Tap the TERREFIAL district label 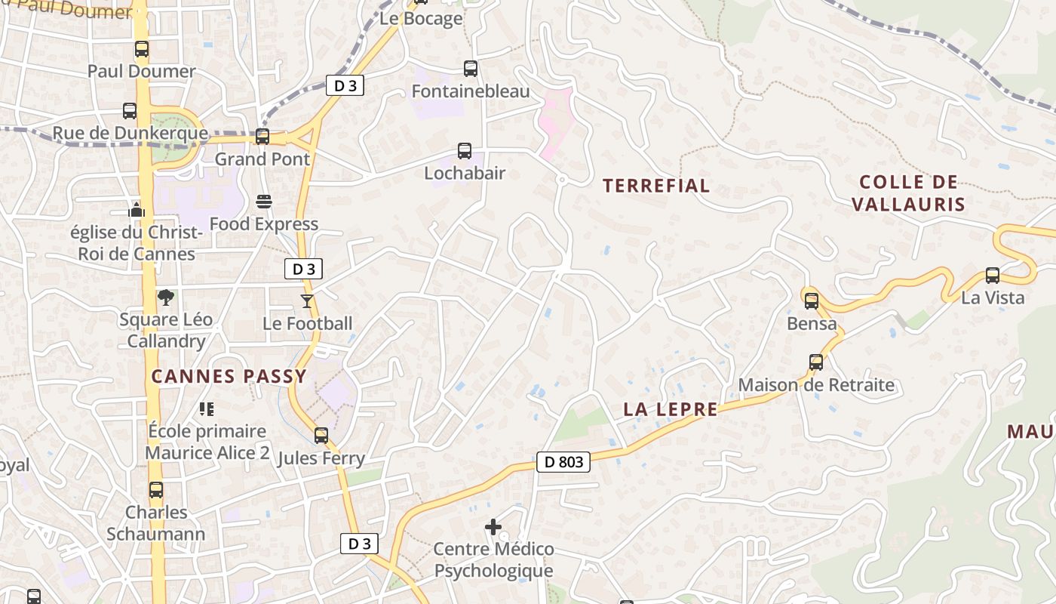656,186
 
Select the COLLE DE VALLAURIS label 908,193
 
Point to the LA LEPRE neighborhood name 671,409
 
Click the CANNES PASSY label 229,376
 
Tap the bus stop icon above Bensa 812,301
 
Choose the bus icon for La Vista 993,276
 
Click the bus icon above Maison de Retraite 816,362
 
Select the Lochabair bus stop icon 465,151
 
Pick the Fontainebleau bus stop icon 471,69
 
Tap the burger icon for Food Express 264,202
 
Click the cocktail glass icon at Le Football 306,301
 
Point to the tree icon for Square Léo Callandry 166,297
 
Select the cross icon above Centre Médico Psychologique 493,526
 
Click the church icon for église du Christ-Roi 137,209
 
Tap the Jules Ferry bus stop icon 321,436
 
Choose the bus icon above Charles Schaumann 156,490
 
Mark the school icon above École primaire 207,409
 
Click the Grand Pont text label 262,159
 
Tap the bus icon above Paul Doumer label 142,49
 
